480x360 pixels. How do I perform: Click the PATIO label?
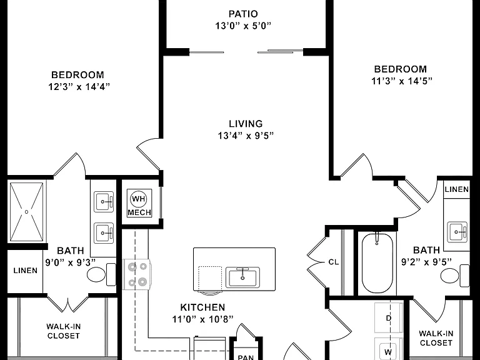(243, 14)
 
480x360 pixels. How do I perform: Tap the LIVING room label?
(246, 124)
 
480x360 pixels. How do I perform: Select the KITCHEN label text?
(202, 307)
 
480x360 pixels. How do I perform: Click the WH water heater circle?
(138, 199)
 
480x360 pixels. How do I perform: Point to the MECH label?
(139, 212)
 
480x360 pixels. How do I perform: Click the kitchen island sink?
(242, 277)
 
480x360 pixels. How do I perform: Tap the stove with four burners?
(137, 274)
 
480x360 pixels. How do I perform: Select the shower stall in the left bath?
(27, 211)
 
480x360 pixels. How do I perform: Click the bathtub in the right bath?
(377, 264)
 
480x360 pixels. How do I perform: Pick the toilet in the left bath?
(101, 274)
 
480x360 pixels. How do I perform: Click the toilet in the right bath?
(454, 276)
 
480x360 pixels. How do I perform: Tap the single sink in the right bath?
(457, 232)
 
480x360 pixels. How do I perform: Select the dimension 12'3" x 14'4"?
(79, 87)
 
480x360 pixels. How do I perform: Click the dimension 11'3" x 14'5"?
(402, 81)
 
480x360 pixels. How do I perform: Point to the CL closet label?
(333, 262)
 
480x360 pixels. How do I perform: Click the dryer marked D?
(389, 318)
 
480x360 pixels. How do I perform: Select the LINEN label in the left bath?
(26, 271)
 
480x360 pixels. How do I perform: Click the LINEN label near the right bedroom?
(457, 189)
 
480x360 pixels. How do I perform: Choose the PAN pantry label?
(246, 357)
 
